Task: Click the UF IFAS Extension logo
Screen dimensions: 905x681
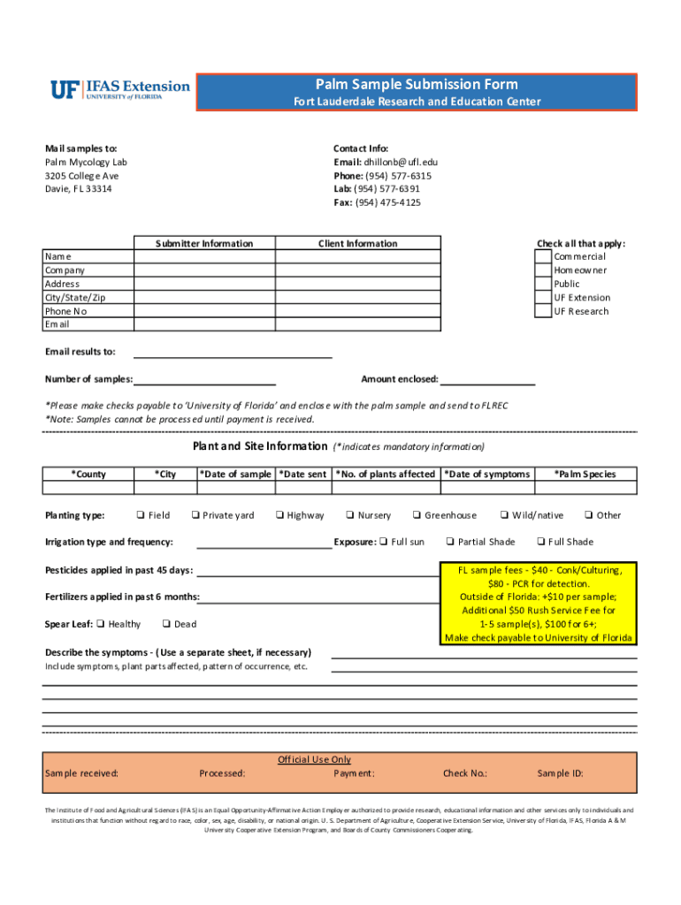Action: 120,90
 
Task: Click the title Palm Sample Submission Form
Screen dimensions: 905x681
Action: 417,85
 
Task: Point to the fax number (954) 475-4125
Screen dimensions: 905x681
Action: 388,202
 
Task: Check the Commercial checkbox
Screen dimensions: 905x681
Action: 542,256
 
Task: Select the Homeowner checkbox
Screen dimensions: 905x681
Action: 542,270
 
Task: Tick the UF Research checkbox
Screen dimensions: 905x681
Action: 542,311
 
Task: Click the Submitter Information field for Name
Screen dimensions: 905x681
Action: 203,256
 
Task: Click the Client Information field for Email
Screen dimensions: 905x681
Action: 357,324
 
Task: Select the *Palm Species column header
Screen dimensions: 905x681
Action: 585,475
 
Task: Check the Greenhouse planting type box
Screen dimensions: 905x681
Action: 416,515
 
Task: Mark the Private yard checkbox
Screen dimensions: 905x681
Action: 194,515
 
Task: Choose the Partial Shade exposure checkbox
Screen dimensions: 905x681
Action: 450,542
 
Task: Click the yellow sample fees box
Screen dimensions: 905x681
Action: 538,604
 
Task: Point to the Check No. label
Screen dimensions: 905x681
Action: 464,773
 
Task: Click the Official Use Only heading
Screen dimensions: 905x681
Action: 314,759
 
